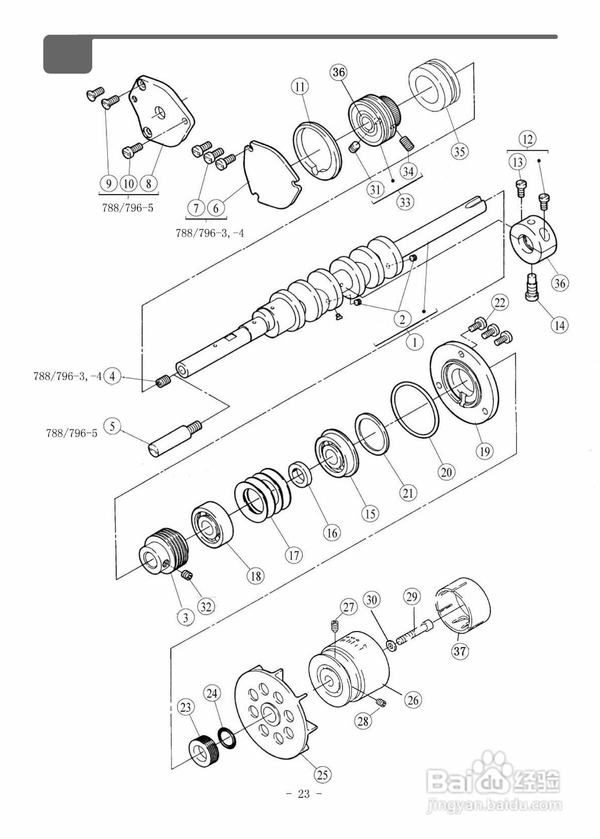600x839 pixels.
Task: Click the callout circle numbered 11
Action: tap(300, 87)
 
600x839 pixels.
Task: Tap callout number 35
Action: tap(460, 151)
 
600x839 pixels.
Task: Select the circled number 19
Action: tap(485, 451)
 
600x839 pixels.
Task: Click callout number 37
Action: tap(460, 652)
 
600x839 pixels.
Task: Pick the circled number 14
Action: tap(559, 325)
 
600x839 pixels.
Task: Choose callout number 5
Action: tap(112, 426)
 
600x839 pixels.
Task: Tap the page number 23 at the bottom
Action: tap(304, 793)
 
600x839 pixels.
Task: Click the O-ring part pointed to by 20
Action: tap(415, 410)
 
